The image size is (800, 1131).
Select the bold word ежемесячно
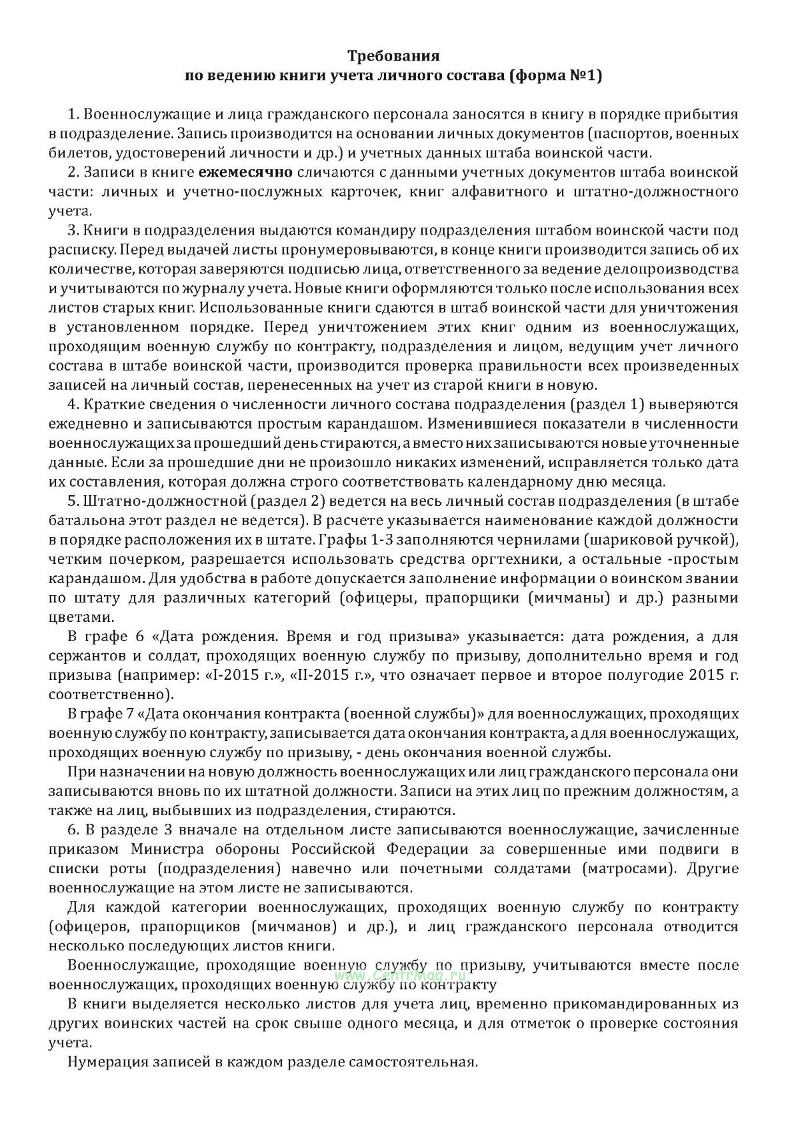point(245,172)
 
